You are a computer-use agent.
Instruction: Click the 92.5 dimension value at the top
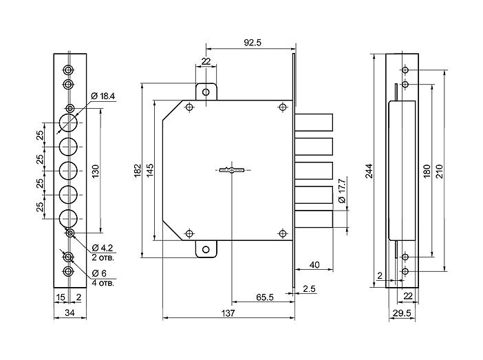(x=253, y=43)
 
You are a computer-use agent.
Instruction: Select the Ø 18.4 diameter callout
(x=103, y=96)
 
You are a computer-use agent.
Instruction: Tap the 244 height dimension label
(x=369, y=171)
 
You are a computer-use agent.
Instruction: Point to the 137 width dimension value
(x=228, y=313)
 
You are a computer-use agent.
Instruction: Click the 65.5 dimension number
(x=265, y=297)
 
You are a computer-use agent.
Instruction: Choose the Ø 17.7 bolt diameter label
(x=342, y=191)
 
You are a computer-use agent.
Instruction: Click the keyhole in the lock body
(x=232, y=170)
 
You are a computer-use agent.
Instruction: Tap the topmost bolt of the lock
(x=314, y=123)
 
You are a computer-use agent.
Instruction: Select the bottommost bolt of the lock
(x=314, y=219)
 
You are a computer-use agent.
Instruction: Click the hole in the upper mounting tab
(x=206, y=92)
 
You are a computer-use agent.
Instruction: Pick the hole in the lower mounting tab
(x=206, y=250)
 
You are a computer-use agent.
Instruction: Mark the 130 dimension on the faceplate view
(x=96, y=171)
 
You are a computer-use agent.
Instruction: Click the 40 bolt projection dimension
(x=314, y=265)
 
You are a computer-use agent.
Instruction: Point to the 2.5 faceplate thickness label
(x=309, y=289)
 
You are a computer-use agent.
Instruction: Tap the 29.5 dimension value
(x=402, y=313)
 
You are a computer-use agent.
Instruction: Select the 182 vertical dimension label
(x=138, y=171)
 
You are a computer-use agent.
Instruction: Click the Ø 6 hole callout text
(x=99, y=273)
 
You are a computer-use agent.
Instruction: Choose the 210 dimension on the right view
(x=439, y=171)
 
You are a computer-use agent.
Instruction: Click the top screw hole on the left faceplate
(x=68, y=70)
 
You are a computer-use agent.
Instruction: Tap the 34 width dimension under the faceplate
(x=70, y=313)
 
